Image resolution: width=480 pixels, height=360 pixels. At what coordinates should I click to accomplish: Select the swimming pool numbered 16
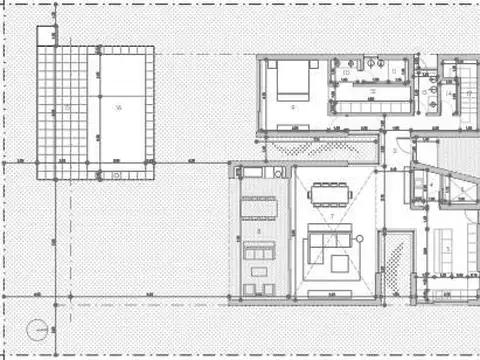(119, 105)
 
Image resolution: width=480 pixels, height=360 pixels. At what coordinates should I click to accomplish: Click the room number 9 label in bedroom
(293, 105)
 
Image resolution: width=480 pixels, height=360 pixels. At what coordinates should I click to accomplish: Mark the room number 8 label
(259, 231)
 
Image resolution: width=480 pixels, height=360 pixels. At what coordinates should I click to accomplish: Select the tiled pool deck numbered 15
(66, 108)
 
